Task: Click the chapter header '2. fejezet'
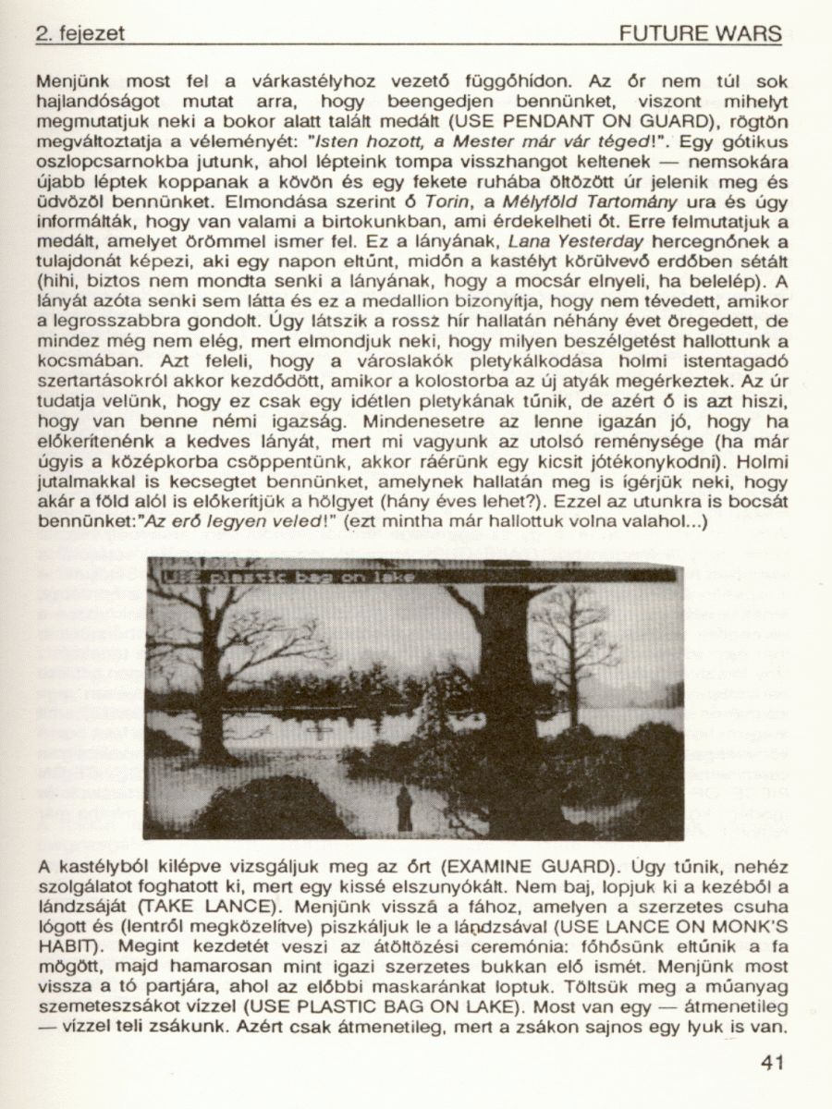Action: point(79,34)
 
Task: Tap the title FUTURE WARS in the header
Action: point(701,34)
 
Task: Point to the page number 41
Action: point(772,1062)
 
